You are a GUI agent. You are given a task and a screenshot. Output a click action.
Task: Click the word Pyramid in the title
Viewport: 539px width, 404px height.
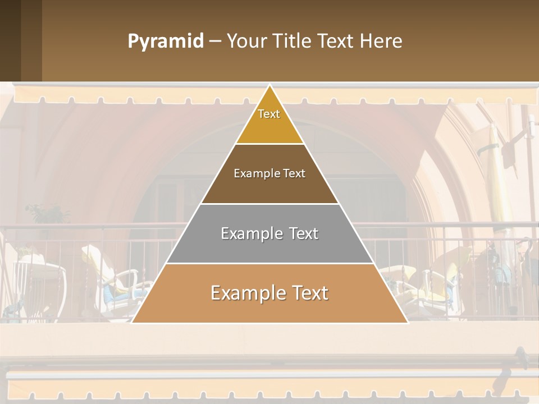pyautogui.click(x=165, y=42)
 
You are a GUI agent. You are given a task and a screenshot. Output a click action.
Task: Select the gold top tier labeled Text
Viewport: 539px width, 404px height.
pyautogui.click(x=269, y=121)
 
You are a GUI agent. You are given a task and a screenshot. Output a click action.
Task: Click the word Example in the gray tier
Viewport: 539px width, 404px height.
pyautogui.click(x=246, y=233)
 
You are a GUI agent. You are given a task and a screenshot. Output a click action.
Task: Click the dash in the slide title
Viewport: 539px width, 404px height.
pyautogui.click(x=215, y=42)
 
